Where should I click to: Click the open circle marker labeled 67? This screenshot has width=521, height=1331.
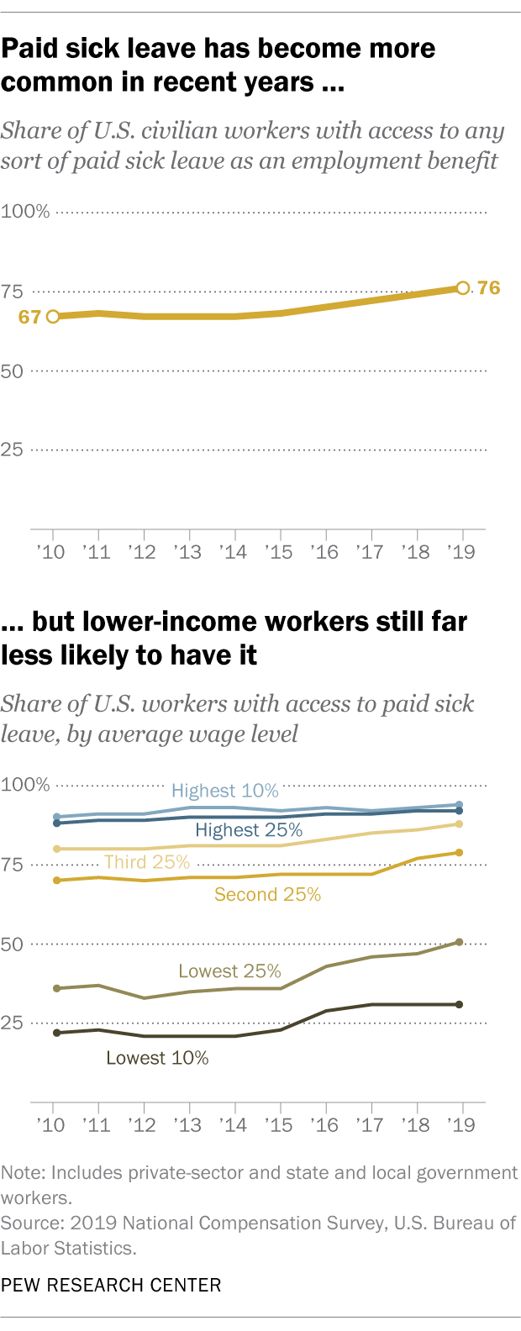point(53,317)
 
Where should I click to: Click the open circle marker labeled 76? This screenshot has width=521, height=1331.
point(462,288)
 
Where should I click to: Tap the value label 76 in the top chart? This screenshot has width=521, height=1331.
point(488,288)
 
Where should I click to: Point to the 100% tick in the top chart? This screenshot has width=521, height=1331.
point(25,211)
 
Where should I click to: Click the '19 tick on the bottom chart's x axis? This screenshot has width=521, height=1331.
point(461,1124)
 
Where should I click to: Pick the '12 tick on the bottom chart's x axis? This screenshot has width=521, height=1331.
point(144,1124)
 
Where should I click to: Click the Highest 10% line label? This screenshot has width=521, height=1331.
point(224,791)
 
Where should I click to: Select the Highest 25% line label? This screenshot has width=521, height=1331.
point(249,830)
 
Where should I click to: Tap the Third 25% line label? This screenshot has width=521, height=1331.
point(147,862)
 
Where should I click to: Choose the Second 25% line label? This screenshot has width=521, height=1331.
point(267,895)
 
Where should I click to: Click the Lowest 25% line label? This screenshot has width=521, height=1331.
point(229,971)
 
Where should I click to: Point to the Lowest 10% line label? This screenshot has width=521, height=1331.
point(157,1058)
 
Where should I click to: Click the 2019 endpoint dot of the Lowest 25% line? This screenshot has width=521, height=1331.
point(459,942)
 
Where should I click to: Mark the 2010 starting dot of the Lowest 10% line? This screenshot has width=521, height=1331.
point(56,1033)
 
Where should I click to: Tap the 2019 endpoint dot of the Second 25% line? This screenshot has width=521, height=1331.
point(459,853)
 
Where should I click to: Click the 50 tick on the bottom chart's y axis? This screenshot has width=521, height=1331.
point(12,944)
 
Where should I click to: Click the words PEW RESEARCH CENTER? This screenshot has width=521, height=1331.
point(111,1285)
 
